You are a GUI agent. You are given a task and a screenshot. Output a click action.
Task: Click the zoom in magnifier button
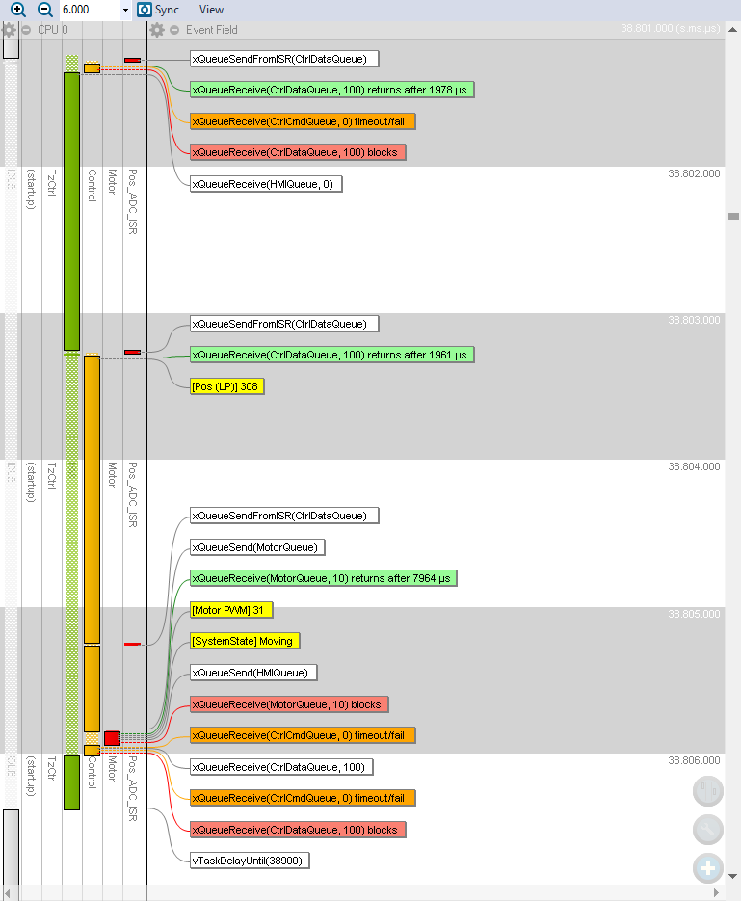[x=18, y=10]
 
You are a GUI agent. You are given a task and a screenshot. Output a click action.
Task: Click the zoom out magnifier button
[x=45, y=10]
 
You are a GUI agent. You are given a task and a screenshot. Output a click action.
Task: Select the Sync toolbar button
[x=159, y=10]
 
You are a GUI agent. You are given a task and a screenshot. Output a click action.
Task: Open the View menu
[x=211, y=10]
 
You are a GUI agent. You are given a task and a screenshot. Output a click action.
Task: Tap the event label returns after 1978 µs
[x=332, y=90]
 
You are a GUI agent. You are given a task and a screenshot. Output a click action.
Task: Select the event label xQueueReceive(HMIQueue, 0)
[x=265, y=184]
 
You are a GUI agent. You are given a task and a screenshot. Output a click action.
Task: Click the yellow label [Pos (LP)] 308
[x=226, y=386]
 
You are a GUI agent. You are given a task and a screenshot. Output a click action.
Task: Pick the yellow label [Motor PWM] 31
[x=232, y=610]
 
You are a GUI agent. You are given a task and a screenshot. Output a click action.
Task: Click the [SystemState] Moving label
[x=243, y=641]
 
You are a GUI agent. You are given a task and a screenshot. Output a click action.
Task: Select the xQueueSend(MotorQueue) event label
[x=256, y=547]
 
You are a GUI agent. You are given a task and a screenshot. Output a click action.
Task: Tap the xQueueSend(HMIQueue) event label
[x=255, y=673]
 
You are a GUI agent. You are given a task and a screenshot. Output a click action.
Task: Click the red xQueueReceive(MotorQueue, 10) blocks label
[x=288, y=704]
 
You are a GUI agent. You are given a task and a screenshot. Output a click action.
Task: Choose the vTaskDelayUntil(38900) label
[x=250, y=861]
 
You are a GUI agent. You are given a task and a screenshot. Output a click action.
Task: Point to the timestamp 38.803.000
[x=694, y=321]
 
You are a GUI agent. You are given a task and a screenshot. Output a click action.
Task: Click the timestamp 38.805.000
[x=694, y=614]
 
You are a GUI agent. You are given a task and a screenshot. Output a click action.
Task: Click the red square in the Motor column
[x=112, y=738]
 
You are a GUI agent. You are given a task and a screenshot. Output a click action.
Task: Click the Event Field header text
[x=211, y=30]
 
